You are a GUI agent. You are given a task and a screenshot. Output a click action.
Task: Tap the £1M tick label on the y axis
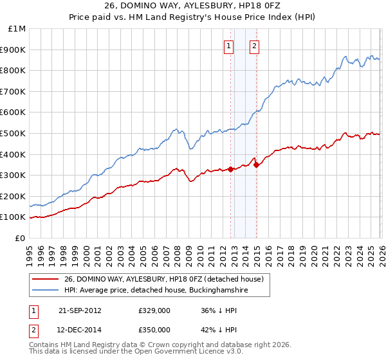tap(17, 29)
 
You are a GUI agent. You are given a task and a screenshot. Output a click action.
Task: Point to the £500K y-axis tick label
tap(14, 134)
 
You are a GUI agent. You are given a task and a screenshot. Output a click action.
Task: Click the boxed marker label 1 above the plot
tap(229, 46)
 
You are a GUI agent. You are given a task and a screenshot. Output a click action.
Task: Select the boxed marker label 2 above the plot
tap(255, 46)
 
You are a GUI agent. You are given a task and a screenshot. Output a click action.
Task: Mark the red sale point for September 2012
tap(230, 170)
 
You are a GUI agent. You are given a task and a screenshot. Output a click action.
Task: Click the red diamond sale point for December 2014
tap(256, 165)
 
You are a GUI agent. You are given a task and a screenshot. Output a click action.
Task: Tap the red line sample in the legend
tap(46, 280)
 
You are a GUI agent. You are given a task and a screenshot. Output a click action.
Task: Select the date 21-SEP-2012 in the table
tap(80, 310)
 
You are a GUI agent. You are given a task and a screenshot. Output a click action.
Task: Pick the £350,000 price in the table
tap(154, 329)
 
